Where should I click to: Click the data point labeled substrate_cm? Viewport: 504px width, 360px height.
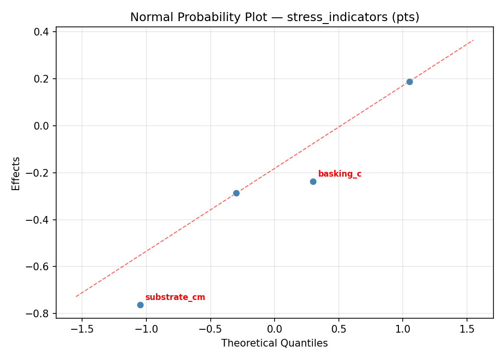[x=140, y=305]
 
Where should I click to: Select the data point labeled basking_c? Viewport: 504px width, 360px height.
[x=313, y=181]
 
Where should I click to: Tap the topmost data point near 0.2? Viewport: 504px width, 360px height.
[x=409, y=82]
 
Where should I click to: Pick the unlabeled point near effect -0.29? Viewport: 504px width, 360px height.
[x=236, y=193]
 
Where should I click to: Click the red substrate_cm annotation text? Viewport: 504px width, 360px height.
[x=175, y=297]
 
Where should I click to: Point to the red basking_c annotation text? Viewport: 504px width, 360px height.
[x=339, y=174]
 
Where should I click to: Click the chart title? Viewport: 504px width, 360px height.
[x=275, y=17]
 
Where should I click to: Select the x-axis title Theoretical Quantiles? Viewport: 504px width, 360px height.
[x=275, y=343]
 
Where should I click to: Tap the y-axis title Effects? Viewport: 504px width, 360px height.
[x=16, y=173]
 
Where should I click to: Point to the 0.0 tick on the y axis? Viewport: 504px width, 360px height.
[x=42, y=126]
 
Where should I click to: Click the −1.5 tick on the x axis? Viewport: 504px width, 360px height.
[x=82, y=329]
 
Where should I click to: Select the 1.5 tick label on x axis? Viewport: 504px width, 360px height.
[x=467, y=329]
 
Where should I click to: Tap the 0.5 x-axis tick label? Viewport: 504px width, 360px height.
[x=338, y=329]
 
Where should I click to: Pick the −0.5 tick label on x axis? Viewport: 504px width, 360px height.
[x=210, y=329]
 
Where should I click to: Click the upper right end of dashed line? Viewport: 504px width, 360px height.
[x=473, y=40]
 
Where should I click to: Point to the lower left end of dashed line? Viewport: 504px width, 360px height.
[x=76, y=296]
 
